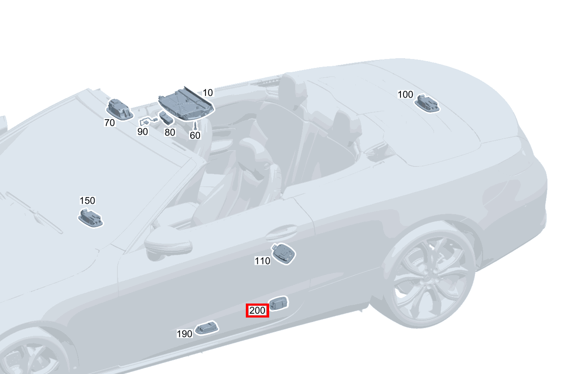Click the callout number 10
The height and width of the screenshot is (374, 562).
208,93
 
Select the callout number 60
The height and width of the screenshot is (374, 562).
195,135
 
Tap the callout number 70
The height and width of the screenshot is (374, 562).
109,123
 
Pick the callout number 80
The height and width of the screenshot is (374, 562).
170,132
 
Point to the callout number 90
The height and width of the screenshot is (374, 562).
142,132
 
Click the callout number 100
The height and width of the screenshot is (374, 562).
405,94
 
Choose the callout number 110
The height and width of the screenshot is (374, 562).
262,261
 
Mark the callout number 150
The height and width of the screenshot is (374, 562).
87,200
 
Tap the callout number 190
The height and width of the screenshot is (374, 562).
184,334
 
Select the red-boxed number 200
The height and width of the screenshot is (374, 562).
257,311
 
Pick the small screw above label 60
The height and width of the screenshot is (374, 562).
195,126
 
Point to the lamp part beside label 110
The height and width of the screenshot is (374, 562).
283,253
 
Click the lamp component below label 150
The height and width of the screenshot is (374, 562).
90,218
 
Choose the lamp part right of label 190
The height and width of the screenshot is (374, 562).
207,328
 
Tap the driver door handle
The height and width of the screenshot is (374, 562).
280,232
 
